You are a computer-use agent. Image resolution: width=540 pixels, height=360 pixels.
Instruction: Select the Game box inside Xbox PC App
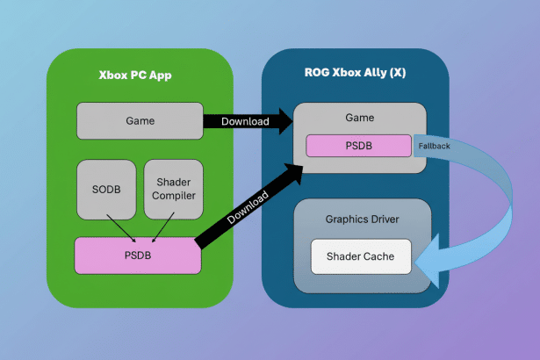[140, 120]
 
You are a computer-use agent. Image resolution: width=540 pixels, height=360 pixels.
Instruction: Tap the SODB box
[106, 189]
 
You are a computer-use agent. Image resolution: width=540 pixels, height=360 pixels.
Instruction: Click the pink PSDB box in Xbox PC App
[138, 256]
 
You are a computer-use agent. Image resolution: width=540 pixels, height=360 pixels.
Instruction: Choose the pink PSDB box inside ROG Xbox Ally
[358, 146]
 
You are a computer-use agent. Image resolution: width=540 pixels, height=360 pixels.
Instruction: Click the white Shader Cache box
[361, 256]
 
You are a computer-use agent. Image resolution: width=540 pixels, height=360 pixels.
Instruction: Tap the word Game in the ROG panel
[361, 118]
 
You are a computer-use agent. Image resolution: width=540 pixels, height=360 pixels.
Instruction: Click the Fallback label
[434, 146]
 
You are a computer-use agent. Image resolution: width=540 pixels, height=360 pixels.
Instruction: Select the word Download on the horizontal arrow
[245, 121]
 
